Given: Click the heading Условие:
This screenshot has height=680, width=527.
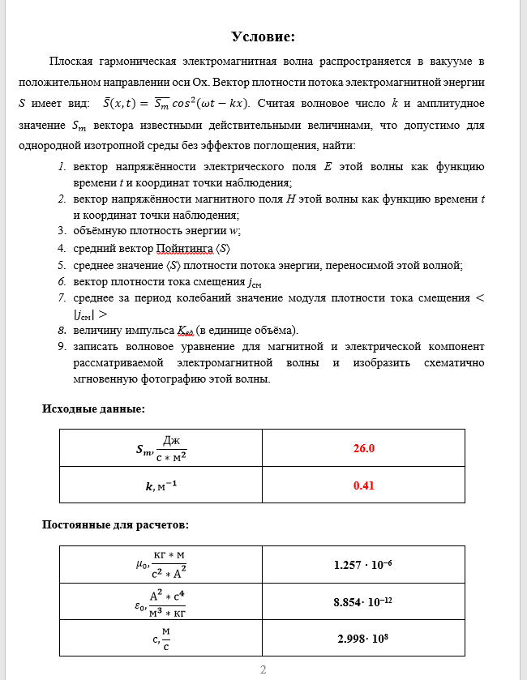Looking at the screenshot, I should click(263, 36).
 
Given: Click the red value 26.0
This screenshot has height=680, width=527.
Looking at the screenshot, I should click(363, 447).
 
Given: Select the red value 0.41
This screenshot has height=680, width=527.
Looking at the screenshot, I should click(363, 485).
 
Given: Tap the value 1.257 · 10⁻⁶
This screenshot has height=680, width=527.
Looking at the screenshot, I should click(363, 564).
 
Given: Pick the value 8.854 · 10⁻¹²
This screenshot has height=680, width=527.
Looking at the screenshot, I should click(363, 602).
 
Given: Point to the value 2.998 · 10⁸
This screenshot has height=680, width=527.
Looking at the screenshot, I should click(363, 639).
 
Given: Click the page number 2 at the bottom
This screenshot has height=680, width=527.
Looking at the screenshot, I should click(263, 669).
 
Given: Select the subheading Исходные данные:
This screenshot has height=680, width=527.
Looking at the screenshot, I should click(93, 409).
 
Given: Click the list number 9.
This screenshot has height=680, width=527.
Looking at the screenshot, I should click(62, 346).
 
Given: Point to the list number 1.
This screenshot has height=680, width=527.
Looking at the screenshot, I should click(62, 167).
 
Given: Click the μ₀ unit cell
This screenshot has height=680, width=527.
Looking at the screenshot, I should click(161, 564).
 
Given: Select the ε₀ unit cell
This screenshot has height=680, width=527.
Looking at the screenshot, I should click(161, 602).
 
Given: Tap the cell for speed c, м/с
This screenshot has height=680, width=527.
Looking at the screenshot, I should click(161, 639).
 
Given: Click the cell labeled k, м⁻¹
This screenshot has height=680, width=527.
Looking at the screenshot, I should click(161, 485).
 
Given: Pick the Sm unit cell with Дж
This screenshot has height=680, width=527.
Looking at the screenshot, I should click(161, 447).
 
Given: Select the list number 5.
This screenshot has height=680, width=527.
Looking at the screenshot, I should click(62, 265).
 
